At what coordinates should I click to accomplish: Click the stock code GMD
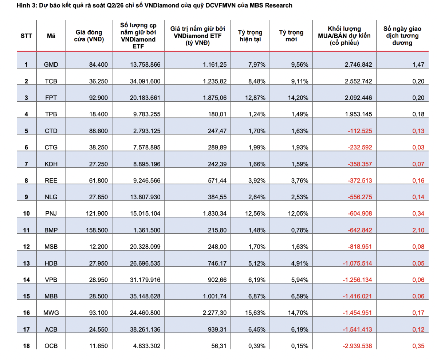coord(51,64)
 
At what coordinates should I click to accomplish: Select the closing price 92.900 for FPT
coord(98,98)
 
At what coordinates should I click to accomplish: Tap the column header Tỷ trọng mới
coord(291,36)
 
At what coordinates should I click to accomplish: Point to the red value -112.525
coord(360,131)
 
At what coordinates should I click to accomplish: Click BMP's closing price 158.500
coord(97,230)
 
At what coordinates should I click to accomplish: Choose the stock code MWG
coord(51,313)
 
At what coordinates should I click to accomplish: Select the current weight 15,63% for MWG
coord(255,313)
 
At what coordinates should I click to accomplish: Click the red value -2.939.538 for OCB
coord(357,346)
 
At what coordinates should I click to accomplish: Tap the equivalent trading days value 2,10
coord(418,230)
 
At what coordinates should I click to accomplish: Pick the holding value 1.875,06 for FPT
coord(214,98)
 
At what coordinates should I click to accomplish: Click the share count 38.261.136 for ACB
coord(145,329)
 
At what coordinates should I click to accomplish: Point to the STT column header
coord(26,36)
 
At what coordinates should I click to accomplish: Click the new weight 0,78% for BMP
coord(300,230)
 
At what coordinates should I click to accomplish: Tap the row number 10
coord(26,214)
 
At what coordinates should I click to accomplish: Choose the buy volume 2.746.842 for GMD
coord(358,64)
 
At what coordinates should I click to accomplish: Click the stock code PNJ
coord(51,214)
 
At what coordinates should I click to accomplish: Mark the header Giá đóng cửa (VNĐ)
coord(89,36)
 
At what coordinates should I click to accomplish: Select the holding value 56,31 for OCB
coord(219,346)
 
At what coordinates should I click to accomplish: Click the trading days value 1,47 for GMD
coord(418,64)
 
